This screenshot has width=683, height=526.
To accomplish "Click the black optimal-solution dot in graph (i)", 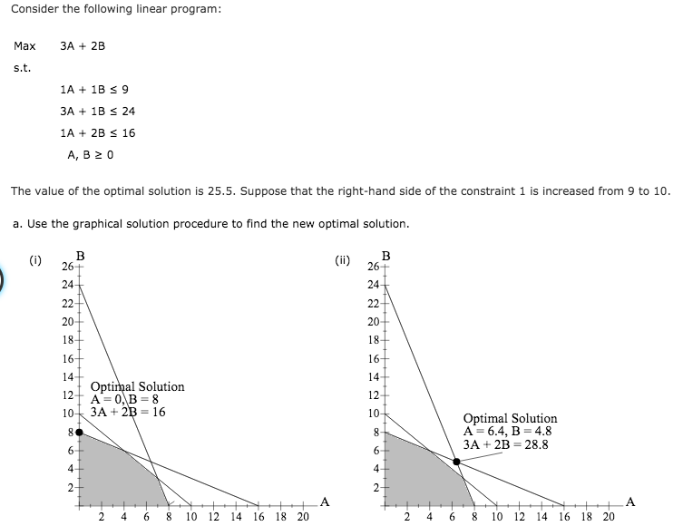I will point(80,433).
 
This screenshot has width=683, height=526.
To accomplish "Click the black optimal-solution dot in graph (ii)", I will point(456,462).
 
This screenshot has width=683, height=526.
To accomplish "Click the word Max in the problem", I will point(24,45).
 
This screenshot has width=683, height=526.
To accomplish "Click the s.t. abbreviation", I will point(22,67).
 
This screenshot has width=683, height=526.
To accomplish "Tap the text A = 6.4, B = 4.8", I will point(507,432).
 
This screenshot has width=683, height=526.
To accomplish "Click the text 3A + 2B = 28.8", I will point(507,444).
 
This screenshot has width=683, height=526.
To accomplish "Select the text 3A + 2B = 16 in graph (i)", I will point(128,412).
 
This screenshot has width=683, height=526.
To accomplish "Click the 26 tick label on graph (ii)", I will point(374,267).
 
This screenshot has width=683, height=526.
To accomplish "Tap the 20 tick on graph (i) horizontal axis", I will point(302,516).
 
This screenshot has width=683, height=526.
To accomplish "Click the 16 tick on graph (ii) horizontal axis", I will point(564,516).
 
